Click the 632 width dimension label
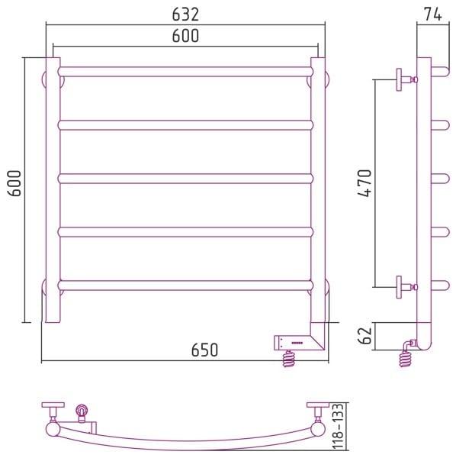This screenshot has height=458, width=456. tap(185, 15)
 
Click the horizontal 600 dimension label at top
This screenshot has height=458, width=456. tap(185, 36)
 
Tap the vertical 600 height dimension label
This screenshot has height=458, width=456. tap(14, 183)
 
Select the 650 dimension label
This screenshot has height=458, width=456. tap(204, 350)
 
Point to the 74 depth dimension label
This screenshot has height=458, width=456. tap(433, 15)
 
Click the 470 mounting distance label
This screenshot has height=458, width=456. tap(364, 183)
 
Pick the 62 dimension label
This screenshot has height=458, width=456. tap(364, 336)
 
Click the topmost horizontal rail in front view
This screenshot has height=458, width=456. tap(185, 72)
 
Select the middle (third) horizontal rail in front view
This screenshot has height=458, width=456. tap(185, 179)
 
